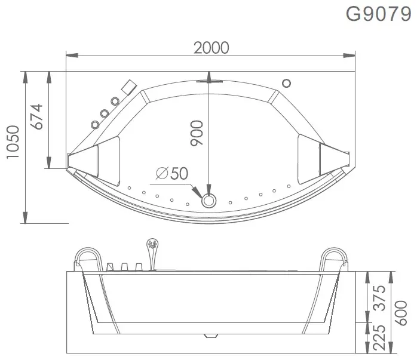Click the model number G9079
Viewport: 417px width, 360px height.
coord(378,14)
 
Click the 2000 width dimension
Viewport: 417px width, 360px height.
coord(211,48)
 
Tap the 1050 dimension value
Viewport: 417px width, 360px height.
coord(13,142)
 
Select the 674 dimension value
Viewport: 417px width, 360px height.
coord(36,116)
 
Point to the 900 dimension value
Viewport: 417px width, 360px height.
coord(197,133)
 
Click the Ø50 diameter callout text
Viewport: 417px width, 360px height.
coord(172,173)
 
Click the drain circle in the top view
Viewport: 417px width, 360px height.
coord(208,201)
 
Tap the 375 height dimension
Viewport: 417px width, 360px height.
coord(379,298)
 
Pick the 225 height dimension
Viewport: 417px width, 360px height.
coord(379,337)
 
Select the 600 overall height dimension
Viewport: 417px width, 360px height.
coord(401,313)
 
